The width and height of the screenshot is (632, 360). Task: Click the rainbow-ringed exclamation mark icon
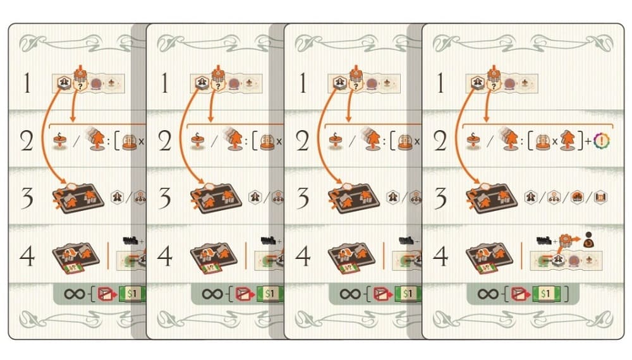pyautogui.click(x=602, y=141)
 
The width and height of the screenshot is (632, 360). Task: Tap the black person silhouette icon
pyautogui.click(x=588, y=240)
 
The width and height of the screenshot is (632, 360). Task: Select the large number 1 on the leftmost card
pyautogui.click(x=27, y=83)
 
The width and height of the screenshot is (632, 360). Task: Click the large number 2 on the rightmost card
pyautogui.click(x=440, y=141)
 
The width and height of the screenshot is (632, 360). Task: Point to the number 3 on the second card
pyautogui.click(x=164, y=198)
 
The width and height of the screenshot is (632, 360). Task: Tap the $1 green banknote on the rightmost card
pyautogui.click(x=545, y=294)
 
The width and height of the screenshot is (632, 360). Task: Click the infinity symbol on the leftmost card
pyautogui.click(x=74, y=294)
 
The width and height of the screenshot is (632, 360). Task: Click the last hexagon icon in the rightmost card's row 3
pyautogui.click(x=600, y=197)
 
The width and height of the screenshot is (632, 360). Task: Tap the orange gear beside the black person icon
pyautogui.click(x=566, y=241)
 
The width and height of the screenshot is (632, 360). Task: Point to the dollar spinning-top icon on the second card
pyautogui.click(x=197, y=141)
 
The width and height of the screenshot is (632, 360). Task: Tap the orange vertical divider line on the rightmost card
pyautogui.click(x=521, y=256)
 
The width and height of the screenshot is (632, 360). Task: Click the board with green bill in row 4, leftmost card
pyautogui.click(x=76, y=257)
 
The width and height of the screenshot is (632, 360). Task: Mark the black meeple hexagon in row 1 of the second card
pyautogui.click(x=202, y=83)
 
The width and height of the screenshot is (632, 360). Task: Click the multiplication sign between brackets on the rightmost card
pyautogui.click(x=555, y=141)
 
